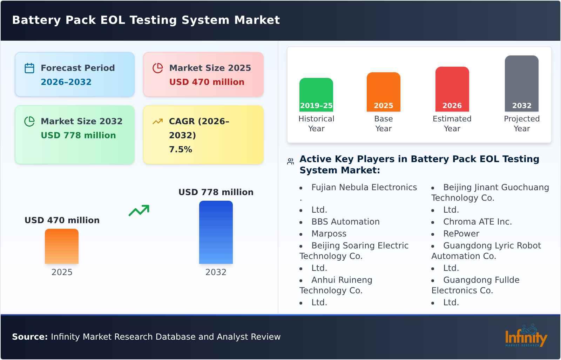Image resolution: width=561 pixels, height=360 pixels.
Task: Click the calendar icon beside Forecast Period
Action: click(29, 68)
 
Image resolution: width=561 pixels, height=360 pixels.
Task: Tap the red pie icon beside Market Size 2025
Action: click(158, 68)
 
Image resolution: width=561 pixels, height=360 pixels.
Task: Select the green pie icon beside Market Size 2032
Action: click(29, 121)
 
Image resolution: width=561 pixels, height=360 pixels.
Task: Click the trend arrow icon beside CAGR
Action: click(158, 121)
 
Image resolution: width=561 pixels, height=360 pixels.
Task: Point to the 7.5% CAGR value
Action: click(181, 149)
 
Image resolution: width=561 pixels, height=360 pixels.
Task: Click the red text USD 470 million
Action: click(207, 82)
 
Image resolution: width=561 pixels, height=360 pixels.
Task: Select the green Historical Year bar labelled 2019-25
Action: click(316, 95)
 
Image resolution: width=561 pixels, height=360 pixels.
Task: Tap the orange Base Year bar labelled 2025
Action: click(384, 92)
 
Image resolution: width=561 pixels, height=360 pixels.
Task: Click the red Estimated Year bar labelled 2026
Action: click(452, 89)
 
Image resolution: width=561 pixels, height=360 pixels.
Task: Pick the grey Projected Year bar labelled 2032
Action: click(522, 84)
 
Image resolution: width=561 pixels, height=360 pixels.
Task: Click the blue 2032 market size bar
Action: click(216, 232)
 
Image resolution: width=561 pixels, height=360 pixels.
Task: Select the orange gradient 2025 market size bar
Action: click(62, 246)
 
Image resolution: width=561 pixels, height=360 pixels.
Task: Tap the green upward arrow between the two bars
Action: click(139, 211)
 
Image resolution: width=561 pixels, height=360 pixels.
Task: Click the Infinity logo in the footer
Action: click(526, 336)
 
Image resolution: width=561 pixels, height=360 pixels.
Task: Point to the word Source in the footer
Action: click(29, 337)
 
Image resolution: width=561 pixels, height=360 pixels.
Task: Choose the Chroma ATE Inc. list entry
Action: click(478, 222)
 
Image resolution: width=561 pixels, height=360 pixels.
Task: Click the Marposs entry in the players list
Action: click(329, 234)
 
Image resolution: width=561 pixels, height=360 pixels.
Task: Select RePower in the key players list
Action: click(461, 234)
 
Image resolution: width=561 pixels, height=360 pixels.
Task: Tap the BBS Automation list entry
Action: click(345, 222)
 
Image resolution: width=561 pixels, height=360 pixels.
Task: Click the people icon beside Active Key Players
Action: click(291, 162)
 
